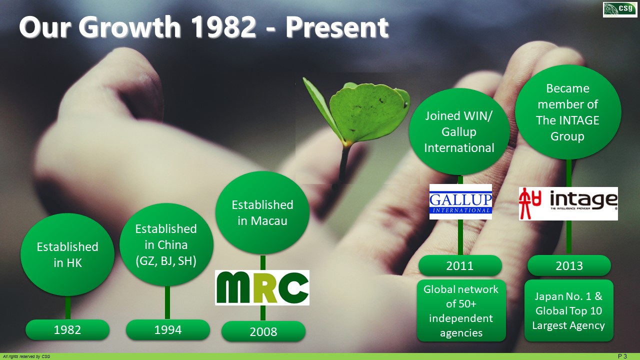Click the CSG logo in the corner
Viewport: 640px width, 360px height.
[619, 9]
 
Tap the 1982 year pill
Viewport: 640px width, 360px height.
[67, 329]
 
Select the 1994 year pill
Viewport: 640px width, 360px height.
[168, 329]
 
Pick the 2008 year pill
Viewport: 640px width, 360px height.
[263, 331]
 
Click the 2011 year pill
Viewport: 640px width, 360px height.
[460, 265]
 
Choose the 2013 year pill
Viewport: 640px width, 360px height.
[569, 265]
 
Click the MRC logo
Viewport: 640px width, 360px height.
[262, 287]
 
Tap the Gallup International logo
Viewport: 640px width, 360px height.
[460, 201]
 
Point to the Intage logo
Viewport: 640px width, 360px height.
[568, 203]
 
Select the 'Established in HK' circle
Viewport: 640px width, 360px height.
[67, 254]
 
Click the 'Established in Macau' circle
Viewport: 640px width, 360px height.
[262, 212]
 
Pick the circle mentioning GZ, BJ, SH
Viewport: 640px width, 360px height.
[166, 244]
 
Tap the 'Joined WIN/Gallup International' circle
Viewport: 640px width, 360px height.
[459, 131]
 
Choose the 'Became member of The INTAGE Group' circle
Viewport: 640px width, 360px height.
[568, 112]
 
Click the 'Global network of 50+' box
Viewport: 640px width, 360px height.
[461, 310]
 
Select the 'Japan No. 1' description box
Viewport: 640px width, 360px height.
[569, 310]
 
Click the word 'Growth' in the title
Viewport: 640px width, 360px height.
[129, 27]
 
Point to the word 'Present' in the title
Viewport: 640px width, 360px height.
[337, 27]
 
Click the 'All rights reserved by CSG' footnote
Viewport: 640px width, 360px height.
[26, 356]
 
